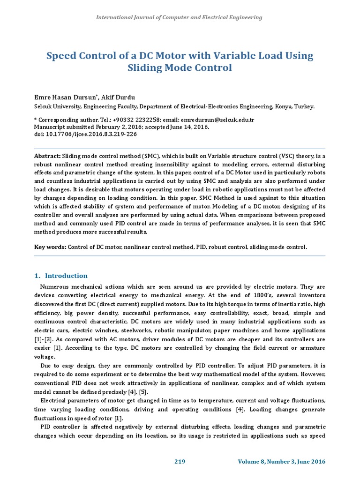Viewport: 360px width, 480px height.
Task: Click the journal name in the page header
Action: coord(179,17)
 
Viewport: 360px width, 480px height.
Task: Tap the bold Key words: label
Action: coord(51,247)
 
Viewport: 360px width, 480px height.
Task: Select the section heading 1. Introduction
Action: coord(61,276)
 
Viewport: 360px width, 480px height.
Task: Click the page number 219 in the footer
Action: coord(180,462)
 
